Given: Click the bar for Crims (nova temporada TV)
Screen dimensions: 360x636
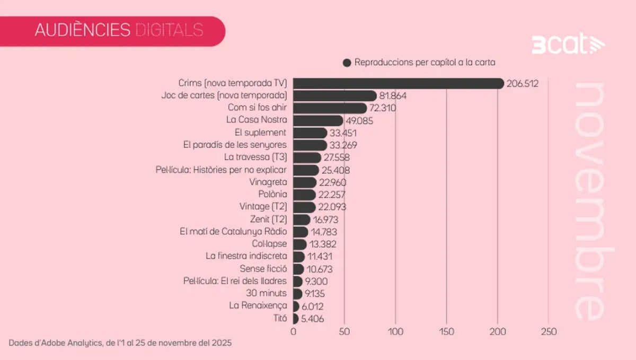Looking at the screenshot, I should pos(397,83).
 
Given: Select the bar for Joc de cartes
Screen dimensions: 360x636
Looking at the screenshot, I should pos(334,95).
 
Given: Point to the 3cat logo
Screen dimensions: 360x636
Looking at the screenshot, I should pos(568,45).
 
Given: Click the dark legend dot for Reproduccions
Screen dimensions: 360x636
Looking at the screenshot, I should pos(347,63).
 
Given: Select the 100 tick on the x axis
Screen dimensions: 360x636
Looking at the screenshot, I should pos(395,331).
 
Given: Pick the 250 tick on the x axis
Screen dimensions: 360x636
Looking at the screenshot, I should pos(549,331).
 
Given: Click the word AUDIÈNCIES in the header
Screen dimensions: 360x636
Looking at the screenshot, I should pos(82,30).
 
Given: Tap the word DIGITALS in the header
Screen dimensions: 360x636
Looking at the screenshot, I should pos(169,30).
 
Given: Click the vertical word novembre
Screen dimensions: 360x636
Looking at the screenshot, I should pos(589,201).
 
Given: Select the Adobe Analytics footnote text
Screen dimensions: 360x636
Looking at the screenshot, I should pos(120,343).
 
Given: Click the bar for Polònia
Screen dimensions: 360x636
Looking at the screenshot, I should pos(304,195).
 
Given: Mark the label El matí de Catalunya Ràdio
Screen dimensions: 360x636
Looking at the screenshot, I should pos(234,232).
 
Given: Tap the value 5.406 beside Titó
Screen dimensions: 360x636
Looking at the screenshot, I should pos(312,319).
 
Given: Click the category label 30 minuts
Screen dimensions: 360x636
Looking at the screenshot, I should pos(266,293).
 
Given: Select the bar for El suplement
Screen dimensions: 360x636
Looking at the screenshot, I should pos(310,133).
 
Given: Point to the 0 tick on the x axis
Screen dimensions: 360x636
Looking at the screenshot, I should pos(293,331).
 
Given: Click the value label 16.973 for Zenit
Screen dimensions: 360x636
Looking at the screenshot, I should pos(325,219).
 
